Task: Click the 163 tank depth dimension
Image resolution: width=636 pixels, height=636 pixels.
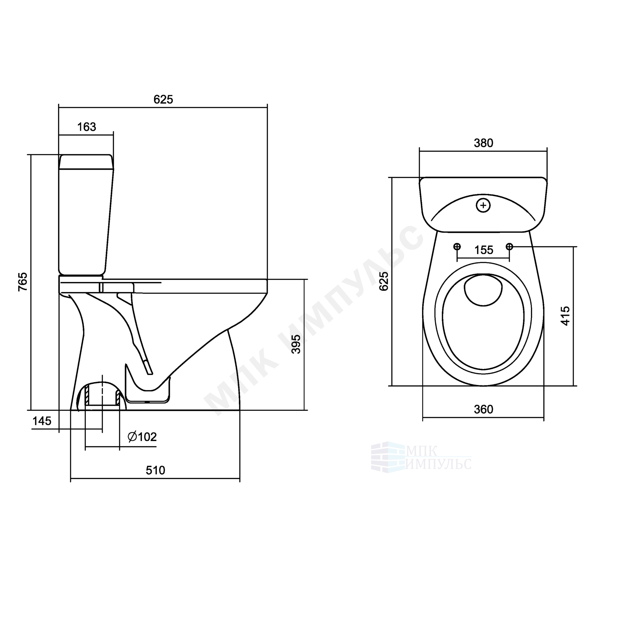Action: tap(86, 127)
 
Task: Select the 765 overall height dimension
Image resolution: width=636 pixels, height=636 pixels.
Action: tap(23, 282)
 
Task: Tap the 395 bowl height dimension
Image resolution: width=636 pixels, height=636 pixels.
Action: tap(296, 344)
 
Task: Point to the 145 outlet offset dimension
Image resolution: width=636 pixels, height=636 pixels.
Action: tap(42, 421)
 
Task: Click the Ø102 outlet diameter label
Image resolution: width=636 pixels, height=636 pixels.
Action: tap(142, 437)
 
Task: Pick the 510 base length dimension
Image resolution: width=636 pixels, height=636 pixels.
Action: tap(156, 470)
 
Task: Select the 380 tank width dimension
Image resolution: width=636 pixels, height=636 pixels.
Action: tap(483, 143)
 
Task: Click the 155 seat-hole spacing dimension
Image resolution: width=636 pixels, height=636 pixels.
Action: tap(484, 250)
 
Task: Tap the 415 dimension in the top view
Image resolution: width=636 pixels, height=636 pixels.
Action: tap(565, 316)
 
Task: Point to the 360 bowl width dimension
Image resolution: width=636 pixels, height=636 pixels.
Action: tap(483, 410)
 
